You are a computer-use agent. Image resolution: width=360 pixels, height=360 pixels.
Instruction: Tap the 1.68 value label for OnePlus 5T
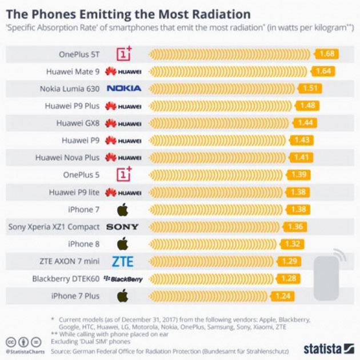[327, 54]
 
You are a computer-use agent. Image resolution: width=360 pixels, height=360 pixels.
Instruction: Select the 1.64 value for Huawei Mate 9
[323, 71]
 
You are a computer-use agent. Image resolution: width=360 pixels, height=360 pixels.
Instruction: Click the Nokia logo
[124, 89]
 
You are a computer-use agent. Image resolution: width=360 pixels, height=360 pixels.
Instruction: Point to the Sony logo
[122, 227]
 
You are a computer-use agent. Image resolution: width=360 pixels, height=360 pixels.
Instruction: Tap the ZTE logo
[122, 262]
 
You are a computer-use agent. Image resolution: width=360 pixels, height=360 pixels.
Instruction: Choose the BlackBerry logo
[123, 279]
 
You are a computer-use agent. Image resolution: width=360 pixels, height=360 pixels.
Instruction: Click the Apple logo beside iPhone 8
[122, 244]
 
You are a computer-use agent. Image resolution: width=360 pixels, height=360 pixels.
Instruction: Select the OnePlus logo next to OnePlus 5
[123, 175]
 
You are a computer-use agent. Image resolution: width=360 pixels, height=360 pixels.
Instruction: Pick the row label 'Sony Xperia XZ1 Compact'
[54, 227]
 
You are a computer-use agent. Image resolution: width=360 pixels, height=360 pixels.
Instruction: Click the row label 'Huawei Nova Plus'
[67, 158]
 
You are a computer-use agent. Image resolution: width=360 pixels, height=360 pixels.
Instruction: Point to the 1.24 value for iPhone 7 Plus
[284, 296]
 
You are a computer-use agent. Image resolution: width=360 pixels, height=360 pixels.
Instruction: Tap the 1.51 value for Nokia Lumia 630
[310, 89]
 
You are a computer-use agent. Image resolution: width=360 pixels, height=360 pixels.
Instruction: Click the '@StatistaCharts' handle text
[25, 351]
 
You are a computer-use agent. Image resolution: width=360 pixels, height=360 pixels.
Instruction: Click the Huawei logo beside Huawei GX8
[123, 123]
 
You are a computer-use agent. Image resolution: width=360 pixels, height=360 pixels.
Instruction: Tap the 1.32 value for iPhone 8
[293, 244]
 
